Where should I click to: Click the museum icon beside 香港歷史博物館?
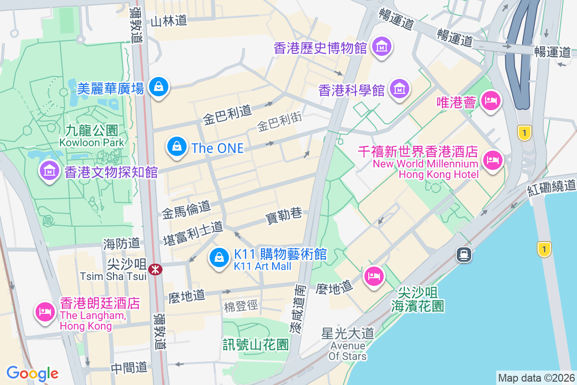383,47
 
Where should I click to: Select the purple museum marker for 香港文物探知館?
49,170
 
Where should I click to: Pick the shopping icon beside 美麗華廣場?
157,87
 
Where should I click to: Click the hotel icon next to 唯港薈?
491,101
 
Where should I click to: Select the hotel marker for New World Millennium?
492,159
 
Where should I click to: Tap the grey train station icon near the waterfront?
464,254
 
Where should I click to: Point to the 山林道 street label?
168,21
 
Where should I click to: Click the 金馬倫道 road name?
186,208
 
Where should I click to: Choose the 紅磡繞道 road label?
552,187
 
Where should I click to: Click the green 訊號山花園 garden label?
255,344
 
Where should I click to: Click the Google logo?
32,373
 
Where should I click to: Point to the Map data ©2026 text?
536,378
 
